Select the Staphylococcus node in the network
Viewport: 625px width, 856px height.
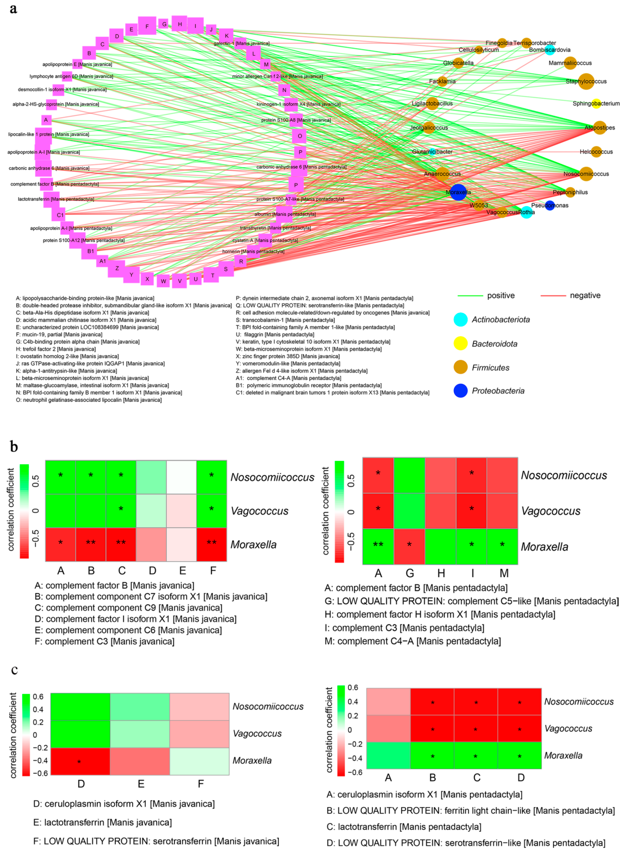[586, 81]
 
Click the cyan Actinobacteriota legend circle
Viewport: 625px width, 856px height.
[460, 320]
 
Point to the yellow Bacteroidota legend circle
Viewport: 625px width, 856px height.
[460, 344]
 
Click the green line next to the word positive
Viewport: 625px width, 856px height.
[470, 295]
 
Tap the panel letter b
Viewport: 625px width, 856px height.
[14, 447]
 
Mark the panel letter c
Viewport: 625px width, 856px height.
[14, 670]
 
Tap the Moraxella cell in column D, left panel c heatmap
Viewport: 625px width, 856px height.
[80, 761]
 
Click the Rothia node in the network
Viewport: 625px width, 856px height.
[526, 212]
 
